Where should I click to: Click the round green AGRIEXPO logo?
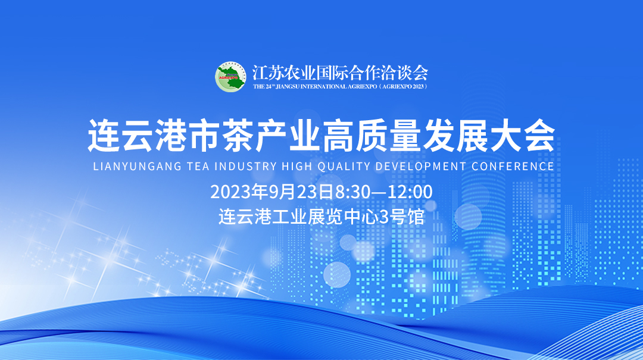point(230,77)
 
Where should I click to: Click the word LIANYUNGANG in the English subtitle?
point(138,167)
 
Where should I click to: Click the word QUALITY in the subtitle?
point(344,167)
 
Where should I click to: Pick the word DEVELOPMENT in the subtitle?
point(421,167)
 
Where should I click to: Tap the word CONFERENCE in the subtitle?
point(513,167)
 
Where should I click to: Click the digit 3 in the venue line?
point(383,217)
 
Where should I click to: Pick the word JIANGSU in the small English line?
point(288,86)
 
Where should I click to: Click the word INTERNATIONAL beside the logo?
point(323,86)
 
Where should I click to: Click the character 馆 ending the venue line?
point(416,217)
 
